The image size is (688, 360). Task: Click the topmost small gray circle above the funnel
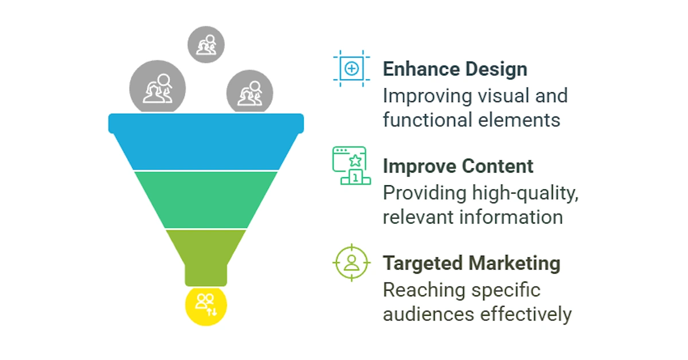206,45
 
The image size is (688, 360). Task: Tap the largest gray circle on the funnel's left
158,87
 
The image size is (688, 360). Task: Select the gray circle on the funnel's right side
250,92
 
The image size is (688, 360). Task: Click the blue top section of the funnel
206,141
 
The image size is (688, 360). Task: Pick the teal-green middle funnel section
206,200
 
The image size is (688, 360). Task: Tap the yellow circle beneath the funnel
206,306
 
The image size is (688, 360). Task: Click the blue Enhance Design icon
351,68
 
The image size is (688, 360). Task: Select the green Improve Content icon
351,166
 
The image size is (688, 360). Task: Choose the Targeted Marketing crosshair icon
351,263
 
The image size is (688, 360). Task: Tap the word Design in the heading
497,70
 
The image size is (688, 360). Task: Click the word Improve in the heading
420,167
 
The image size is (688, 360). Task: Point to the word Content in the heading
498,166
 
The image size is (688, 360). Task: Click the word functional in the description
427,119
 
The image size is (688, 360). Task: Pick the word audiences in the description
428,314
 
